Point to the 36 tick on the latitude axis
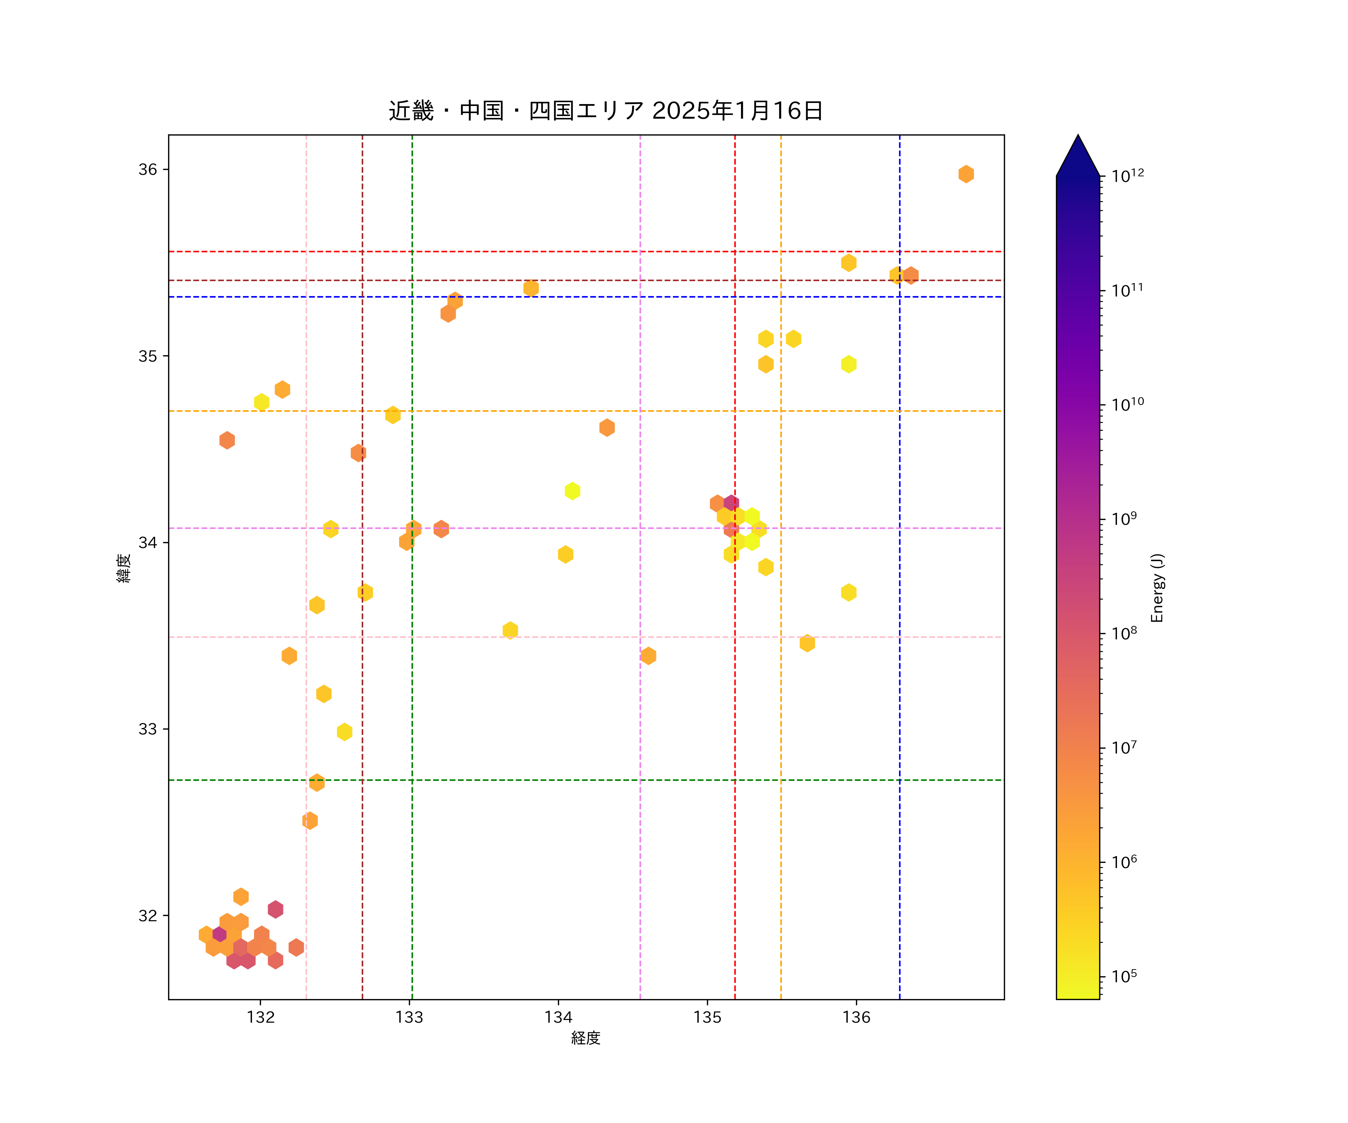click(x=148, y=170)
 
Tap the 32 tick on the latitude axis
click(x=148, y=915)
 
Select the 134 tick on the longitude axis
click(x=558, y=1017)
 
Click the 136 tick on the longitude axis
click(x=856, y=1017)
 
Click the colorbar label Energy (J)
click(x=1157, y=588)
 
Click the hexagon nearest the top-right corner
click(x=966, y=174)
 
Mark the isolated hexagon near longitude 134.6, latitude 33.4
click(x=648, y=656)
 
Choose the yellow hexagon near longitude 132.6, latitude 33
click(x=345, y=731)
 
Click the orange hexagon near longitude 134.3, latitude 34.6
click(x=607, y=427)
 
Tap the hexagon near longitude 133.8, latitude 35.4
click(x=531, y=288)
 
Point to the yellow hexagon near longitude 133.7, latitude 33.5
click(x=510, y=630)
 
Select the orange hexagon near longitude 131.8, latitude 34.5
click(x=227, y=440)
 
